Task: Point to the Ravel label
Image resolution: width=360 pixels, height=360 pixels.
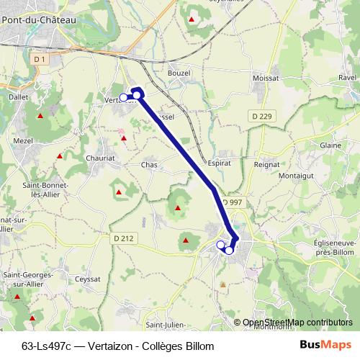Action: (x=348, y=78)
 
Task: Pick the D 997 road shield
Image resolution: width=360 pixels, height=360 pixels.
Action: (x=233, y=203)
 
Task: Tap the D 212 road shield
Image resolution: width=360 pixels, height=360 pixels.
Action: (x=123, y=238)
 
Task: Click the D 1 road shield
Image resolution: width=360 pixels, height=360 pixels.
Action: (x=40, y=58)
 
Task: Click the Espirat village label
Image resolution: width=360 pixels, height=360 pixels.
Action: (x=219, y=163)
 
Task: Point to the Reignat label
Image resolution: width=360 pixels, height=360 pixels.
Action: (x=266, y=163)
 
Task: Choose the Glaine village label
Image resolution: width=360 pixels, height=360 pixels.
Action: (x=330, y=145)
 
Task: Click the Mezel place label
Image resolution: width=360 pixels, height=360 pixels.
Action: (x=23, y=141)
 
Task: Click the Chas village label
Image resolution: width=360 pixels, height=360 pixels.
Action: (x=149, y=165)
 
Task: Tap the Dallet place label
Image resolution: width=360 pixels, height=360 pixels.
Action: (x=17, y=95)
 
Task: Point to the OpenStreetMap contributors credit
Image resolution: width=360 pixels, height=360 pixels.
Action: (x=297, y=322)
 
